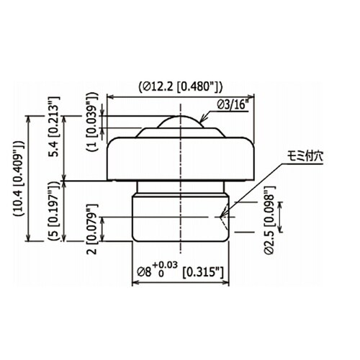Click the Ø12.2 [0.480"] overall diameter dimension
[x=181, y=87]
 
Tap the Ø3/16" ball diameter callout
[x=232, y=105]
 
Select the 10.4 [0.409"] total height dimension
[x=19, y=178]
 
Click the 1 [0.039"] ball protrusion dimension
[x=93, y=122]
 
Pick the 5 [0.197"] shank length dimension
[x=54, y=211]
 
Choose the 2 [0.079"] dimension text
[x=92, y=229]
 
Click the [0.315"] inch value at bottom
[x=203, y=272]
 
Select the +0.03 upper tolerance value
[x=165, y=265]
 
